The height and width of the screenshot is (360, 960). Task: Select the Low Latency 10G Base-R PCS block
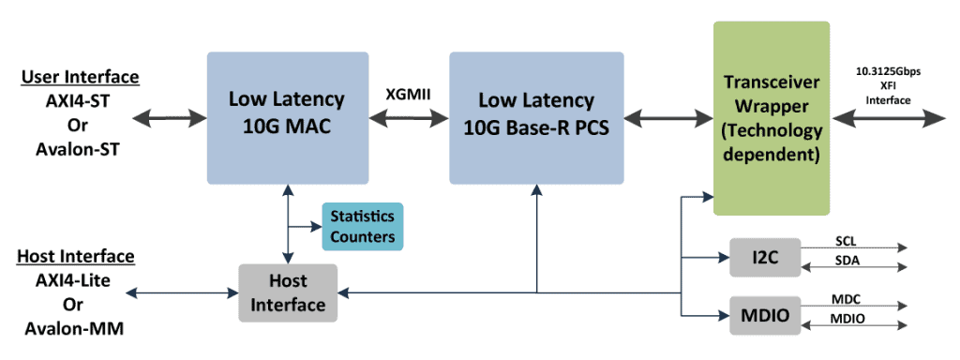click(x=536, y=117)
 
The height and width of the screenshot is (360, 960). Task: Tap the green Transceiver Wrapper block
click(x=772, y=117)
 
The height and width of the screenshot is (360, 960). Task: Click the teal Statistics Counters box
click(x=362, y=226)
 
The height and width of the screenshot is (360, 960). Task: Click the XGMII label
click(x=409, y=96)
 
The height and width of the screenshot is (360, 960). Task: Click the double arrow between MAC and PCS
click(x=409, y=118)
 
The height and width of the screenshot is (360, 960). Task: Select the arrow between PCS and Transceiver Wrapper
click(x=668, y=118)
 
